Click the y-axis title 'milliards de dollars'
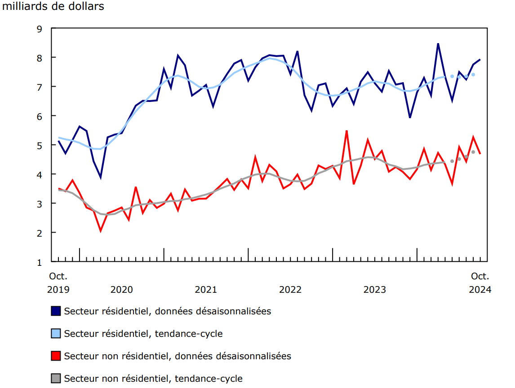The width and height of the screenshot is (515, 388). click(53, 7)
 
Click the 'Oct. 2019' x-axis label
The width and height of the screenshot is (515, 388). click(58, 283)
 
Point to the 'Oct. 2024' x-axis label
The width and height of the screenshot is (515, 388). click(480, 283)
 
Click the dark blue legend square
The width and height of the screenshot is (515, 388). click(56, 311)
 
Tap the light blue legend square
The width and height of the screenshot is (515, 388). click(56, 333)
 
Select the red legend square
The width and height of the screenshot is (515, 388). click(56, 356)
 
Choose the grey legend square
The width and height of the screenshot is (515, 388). click(56, 379)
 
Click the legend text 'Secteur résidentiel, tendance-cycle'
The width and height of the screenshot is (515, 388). click(143, 334)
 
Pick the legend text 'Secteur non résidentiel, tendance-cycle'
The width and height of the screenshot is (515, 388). click(153, 379)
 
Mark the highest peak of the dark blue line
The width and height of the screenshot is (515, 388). click(438, 44)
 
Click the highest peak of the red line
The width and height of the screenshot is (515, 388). click(346, 131)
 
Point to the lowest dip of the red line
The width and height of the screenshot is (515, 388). click(101, 231)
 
